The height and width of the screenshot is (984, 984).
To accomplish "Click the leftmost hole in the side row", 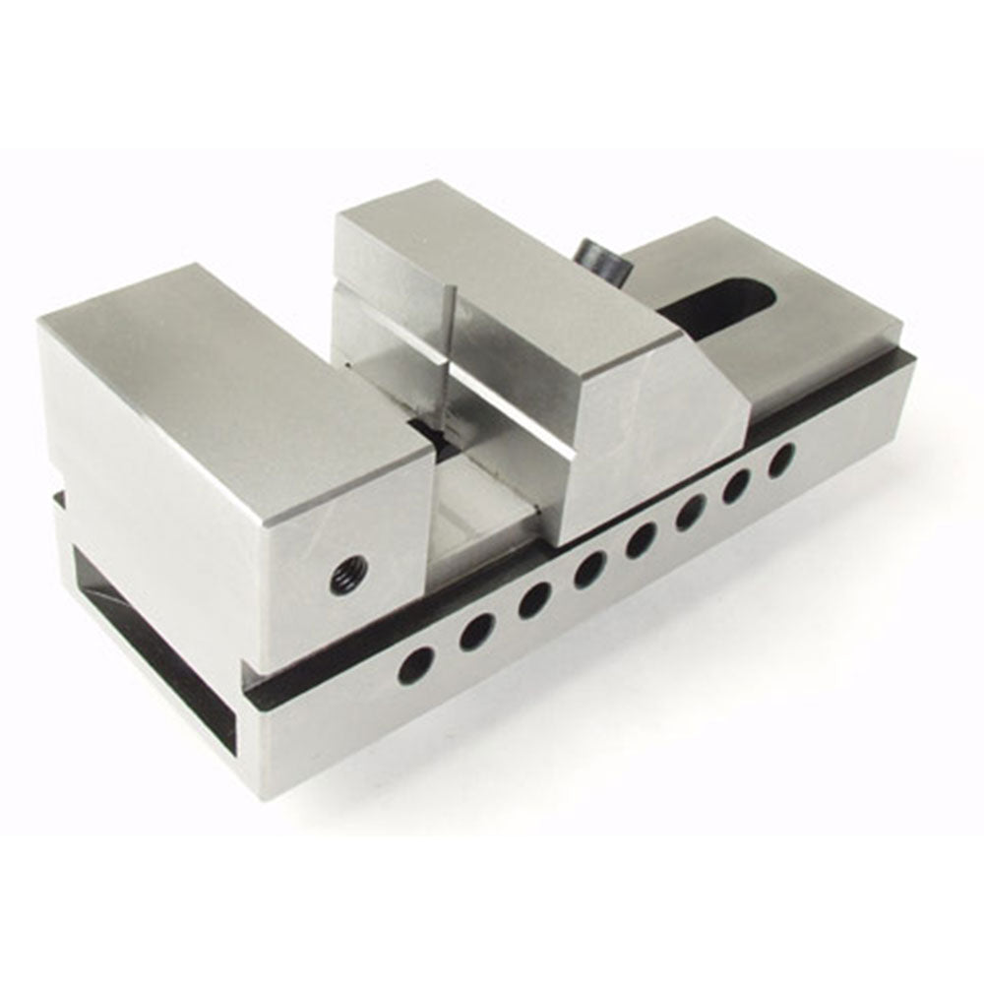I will (413, 664).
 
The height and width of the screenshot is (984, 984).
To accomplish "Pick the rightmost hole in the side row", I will (781, 459).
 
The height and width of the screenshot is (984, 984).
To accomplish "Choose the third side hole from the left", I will (534, 599).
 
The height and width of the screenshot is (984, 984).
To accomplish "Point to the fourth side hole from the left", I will (590, 568).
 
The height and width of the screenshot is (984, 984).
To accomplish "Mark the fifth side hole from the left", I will (643, 537).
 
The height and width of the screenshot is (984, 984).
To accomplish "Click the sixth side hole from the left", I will (690, 511).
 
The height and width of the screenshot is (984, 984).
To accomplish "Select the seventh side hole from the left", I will (737, 484).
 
